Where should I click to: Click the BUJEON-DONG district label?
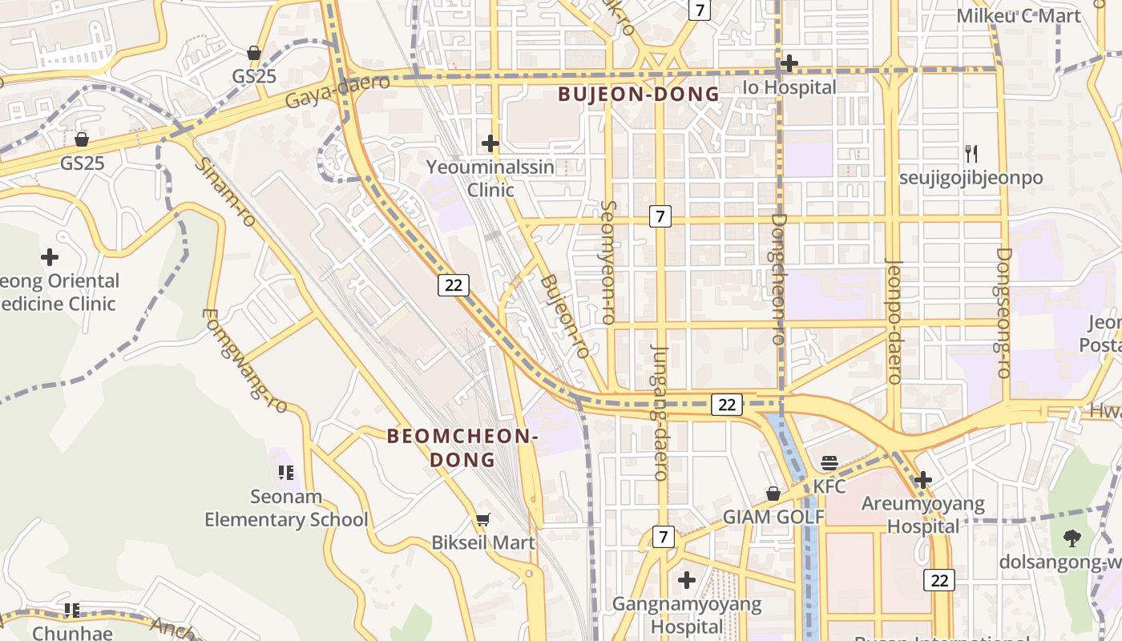coord(639,95)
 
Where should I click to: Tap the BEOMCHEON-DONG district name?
coord(462,448)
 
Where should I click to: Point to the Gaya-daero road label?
coord(337,91)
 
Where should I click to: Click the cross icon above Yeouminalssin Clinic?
coord(490,143)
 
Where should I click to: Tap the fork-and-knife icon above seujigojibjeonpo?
coord(971,154)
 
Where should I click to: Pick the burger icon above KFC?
coord(829,463)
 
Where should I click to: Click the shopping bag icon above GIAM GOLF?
coord(773,494)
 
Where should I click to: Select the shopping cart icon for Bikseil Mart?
coord(482,520)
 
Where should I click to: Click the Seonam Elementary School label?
coord(286,508)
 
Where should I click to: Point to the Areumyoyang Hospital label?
coord(922,515)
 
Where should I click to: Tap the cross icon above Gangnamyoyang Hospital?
coord(687,579)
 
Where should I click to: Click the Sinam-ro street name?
coord(225,191)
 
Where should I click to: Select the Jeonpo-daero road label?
coord(893,320)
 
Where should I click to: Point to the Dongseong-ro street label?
coord(1003,312)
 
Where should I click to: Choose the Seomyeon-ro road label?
coord(608,262)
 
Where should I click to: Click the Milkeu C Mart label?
coord(1019,16)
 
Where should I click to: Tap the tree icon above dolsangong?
coord(1072,538)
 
